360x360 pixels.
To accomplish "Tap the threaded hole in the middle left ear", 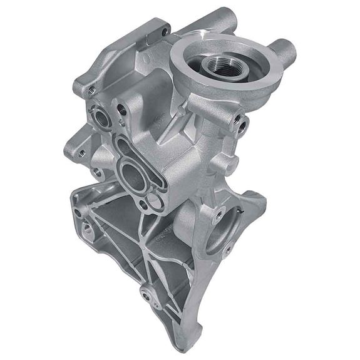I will tap(80, 152).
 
